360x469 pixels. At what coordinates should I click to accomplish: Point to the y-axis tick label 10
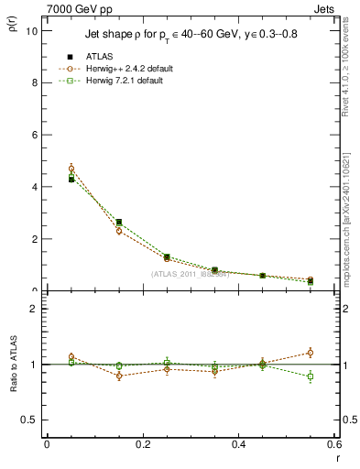point(31,30)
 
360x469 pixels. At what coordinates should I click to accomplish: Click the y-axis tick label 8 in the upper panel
point(34,82)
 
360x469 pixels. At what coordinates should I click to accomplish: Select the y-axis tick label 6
point(34,135)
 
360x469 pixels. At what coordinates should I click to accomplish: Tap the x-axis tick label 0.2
point(142,444)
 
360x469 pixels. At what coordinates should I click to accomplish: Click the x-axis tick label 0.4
point(238,444)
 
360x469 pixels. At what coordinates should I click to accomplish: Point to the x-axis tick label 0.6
point(333,444)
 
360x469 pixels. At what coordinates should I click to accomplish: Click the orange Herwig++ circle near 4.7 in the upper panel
point(71,169)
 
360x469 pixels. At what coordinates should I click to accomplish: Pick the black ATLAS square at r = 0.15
point(119,222)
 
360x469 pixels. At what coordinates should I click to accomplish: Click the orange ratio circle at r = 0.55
point(311,353)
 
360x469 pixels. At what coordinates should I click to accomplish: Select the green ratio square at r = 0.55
point(311,376)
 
